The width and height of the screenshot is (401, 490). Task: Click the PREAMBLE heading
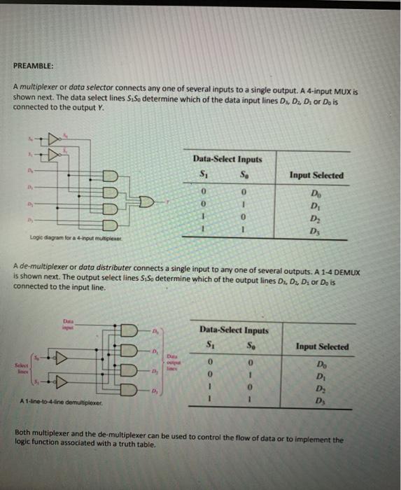tap(34, 67)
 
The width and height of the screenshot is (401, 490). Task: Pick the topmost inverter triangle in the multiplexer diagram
tap(54, 139)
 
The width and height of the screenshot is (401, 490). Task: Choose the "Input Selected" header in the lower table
tap(323, 346)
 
